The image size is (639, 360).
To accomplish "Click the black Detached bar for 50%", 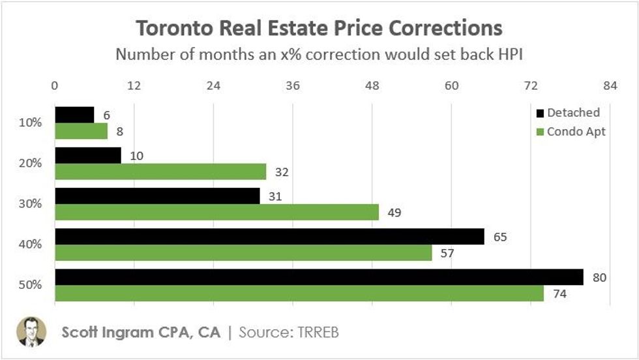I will (319, 277).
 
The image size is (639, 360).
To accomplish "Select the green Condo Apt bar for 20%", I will (160, 172).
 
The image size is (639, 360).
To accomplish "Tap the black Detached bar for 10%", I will (74, 115).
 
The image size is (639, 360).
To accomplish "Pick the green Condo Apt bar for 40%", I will (243, 253).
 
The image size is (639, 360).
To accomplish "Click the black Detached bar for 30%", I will (157, 196).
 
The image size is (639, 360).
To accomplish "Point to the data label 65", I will (500, 237).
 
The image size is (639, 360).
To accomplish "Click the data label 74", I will (559, 294).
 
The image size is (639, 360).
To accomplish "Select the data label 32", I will (282, 172).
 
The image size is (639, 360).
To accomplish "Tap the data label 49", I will (394, 213).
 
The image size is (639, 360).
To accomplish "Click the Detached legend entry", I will (567, 113).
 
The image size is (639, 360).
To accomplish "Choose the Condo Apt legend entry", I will (570, 132).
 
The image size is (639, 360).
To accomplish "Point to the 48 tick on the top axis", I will (372, 85).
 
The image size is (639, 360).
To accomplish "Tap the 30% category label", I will (31, 203).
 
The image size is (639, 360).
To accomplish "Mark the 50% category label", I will (31, 285).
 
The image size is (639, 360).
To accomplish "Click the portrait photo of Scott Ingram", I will (31, 331).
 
